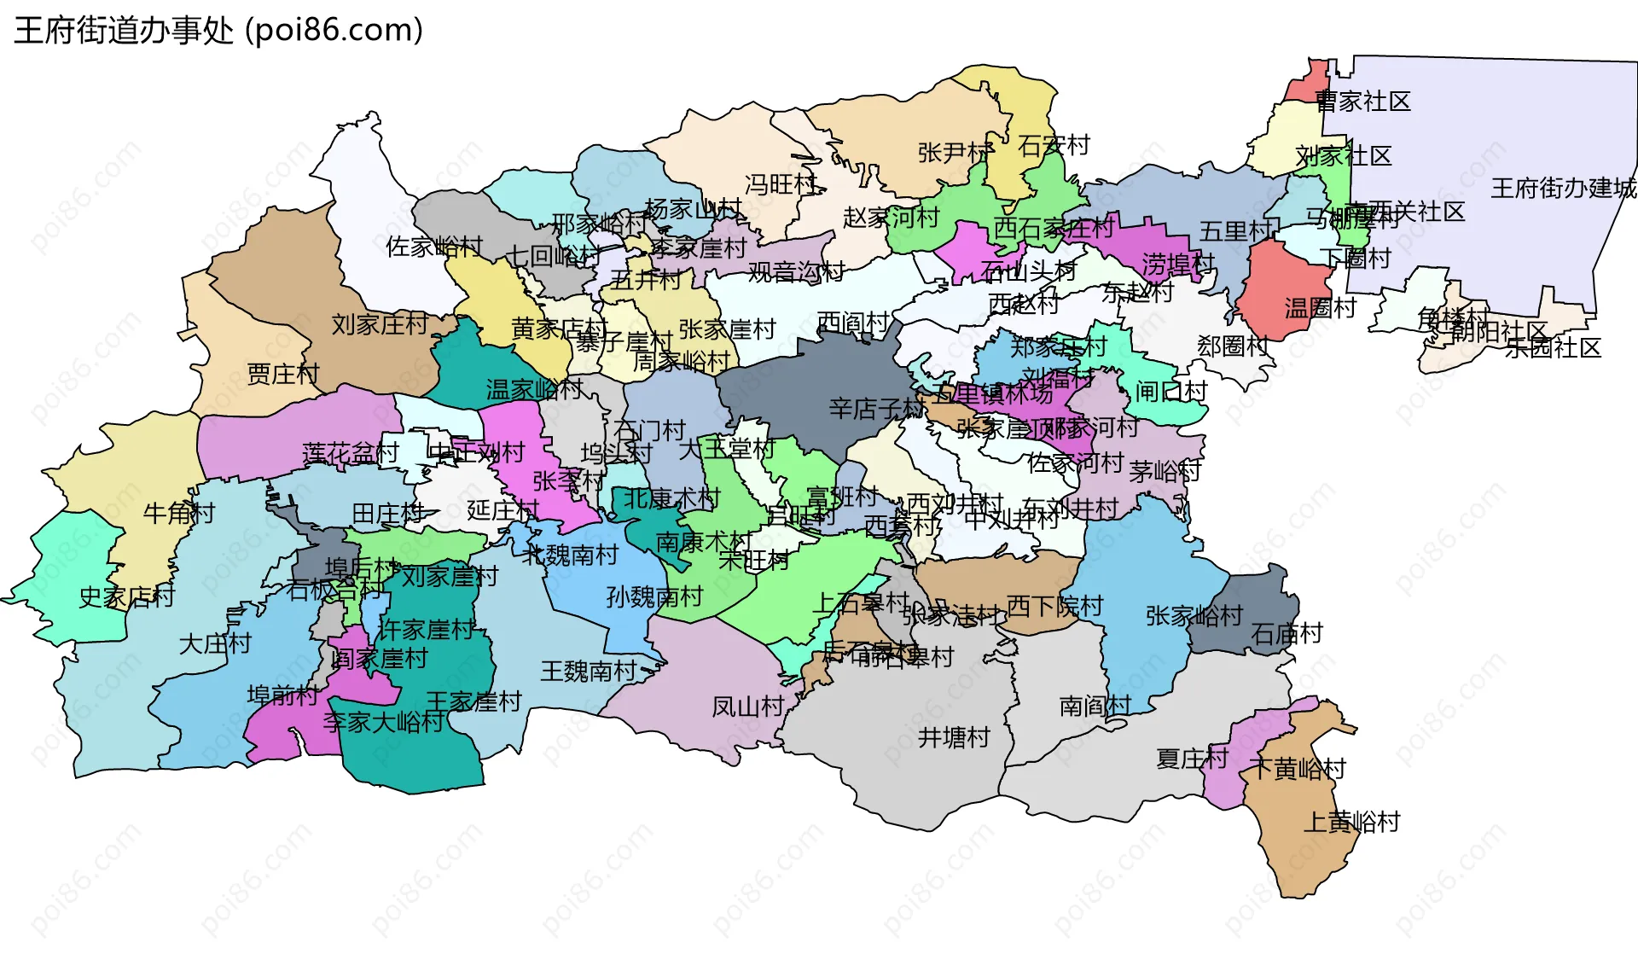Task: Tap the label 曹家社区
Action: (x=1362, y=102)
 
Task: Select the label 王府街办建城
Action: (x=1563, y=188)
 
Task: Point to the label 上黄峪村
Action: (x=1352, y=822)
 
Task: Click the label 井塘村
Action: (x=954, y=737)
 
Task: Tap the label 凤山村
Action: (x=747, y=707)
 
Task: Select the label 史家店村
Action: (x=126, y=596)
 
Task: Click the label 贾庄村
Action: (x=282, y=374)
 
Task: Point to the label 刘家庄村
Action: (x=380, y=324)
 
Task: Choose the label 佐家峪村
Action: (x=433, y=247)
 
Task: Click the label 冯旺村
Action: (x=781, y=184)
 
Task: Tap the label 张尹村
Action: (x=954, y=153)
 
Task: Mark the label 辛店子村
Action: (x=876, y=409)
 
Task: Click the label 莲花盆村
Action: (x=351, y=453)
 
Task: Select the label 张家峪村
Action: (x=1194, y=615)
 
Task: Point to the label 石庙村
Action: (x=1287, y=633)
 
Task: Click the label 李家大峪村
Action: (x=383, y=722)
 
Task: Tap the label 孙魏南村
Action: (x=654, y=596)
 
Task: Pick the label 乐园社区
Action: (x=1553, y=347)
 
